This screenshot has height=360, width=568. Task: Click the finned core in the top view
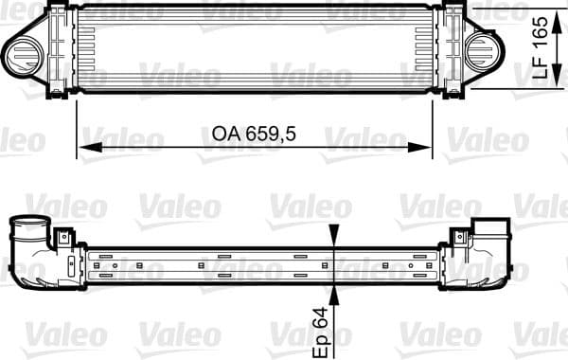pyautogui.click(x=256, y=47)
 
